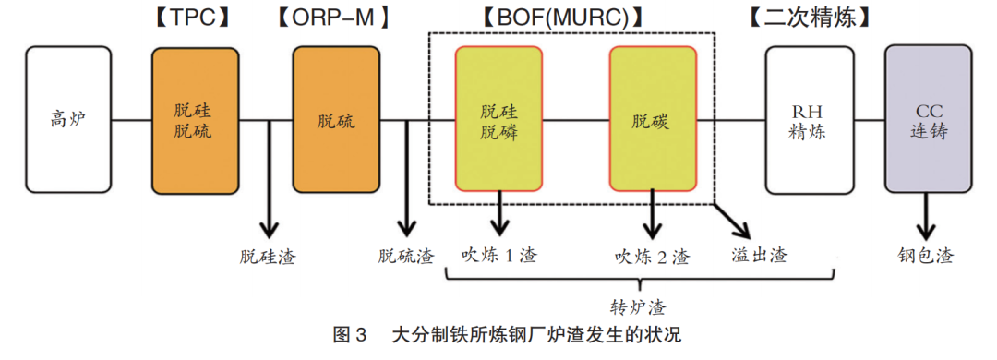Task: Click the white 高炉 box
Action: tap(68, 120)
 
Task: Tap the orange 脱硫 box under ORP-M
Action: tap(336, 120)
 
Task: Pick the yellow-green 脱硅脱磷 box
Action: tap(499, 120)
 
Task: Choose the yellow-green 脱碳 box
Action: tap(653, 120)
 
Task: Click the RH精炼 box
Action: tap(808, 120)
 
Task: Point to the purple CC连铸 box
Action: tap(928, 120)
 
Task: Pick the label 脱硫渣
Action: tap(405, 256)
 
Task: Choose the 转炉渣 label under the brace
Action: tap(638, 307)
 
